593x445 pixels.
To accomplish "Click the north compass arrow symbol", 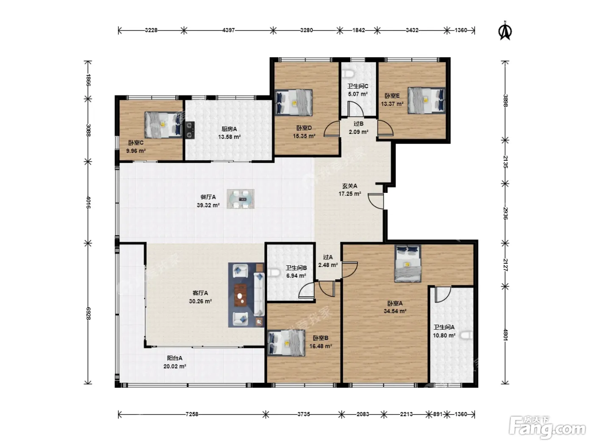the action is (504, 31).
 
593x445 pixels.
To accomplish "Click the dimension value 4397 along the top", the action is (228, 30).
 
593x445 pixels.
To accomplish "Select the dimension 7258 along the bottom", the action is (192, 414).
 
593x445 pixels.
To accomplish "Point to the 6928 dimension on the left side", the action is (88, 313).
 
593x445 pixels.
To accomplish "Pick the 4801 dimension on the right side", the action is (505, 335).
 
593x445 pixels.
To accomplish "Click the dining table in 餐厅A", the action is (241, 199).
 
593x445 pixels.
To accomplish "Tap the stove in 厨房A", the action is (190, 130).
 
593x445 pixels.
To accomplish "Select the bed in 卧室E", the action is (427, 100).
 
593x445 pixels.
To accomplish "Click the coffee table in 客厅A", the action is (241, 295).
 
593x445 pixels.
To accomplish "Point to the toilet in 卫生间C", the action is (349, 73).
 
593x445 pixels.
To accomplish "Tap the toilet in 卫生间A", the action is (467, 336).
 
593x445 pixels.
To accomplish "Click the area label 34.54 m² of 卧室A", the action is (395, 311).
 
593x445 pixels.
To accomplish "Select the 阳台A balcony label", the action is (175, 358).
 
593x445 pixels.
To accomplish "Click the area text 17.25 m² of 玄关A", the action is (350, 194).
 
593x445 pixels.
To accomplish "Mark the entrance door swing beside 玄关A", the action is (376, 201).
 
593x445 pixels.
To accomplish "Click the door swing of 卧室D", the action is (332, 128).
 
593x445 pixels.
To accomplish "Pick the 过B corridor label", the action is (358, 124).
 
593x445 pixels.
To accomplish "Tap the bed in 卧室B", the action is (286, 343).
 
